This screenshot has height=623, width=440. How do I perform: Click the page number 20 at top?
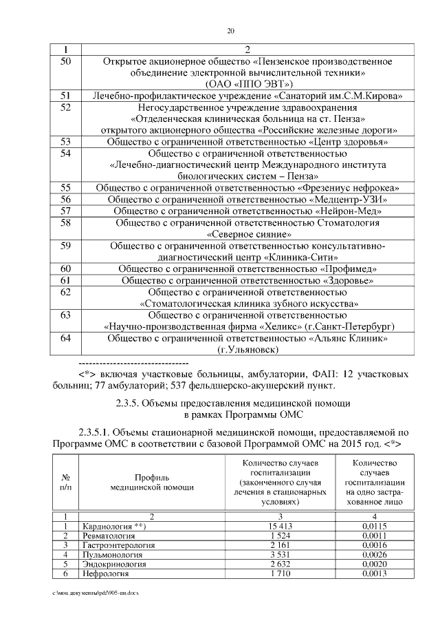pyautogui.click(x=230, y=31)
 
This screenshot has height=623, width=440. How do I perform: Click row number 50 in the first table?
pyautogui.click(x=66, y=62)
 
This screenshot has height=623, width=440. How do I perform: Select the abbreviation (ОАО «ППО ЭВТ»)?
pyautogui.click(x=247, y=84)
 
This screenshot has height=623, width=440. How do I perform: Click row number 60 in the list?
pyautogui.click(x=66, y=268)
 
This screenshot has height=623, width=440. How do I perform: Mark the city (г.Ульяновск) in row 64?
pyautogui.click(x=247, y=350)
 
